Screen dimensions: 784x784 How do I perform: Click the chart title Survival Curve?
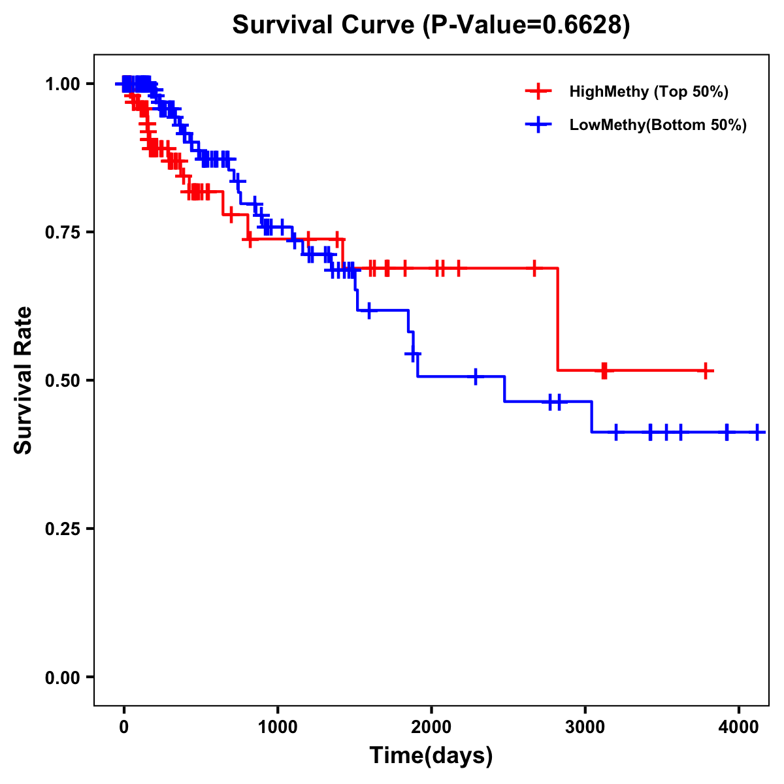[323, 25]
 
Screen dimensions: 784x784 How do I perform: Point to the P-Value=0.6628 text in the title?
[527, 25]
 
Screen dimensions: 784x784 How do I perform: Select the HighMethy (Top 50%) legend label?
[648, 91]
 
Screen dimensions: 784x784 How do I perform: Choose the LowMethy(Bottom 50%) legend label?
[658, 125]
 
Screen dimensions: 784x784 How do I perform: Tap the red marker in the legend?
[538, 91]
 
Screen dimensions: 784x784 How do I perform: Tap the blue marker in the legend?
[538, 125]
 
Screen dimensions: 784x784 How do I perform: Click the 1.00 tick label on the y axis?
[63, 84]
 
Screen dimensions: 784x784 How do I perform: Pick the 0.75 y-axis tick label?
[63, 232]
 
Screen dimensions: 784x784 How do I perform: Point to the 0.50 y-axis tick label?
[63, 380]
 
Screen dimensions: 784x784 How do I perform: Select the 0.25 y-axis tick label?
[63, 529]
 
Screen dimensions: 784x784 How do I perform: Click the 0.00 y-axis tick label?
[63, 677]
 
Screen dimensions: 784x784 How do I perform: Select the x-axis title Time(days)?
[431, 756]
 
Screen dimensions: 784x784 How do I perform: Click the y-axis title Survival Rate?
[24, 380]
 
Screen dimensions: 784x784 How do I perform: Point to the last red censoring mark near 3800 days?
[706, 370]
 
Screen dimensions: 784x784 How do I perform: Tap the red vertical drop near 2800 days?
[558, 320]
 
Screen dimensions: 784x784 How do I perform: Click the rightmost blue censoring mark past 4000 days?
[757, 432]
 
